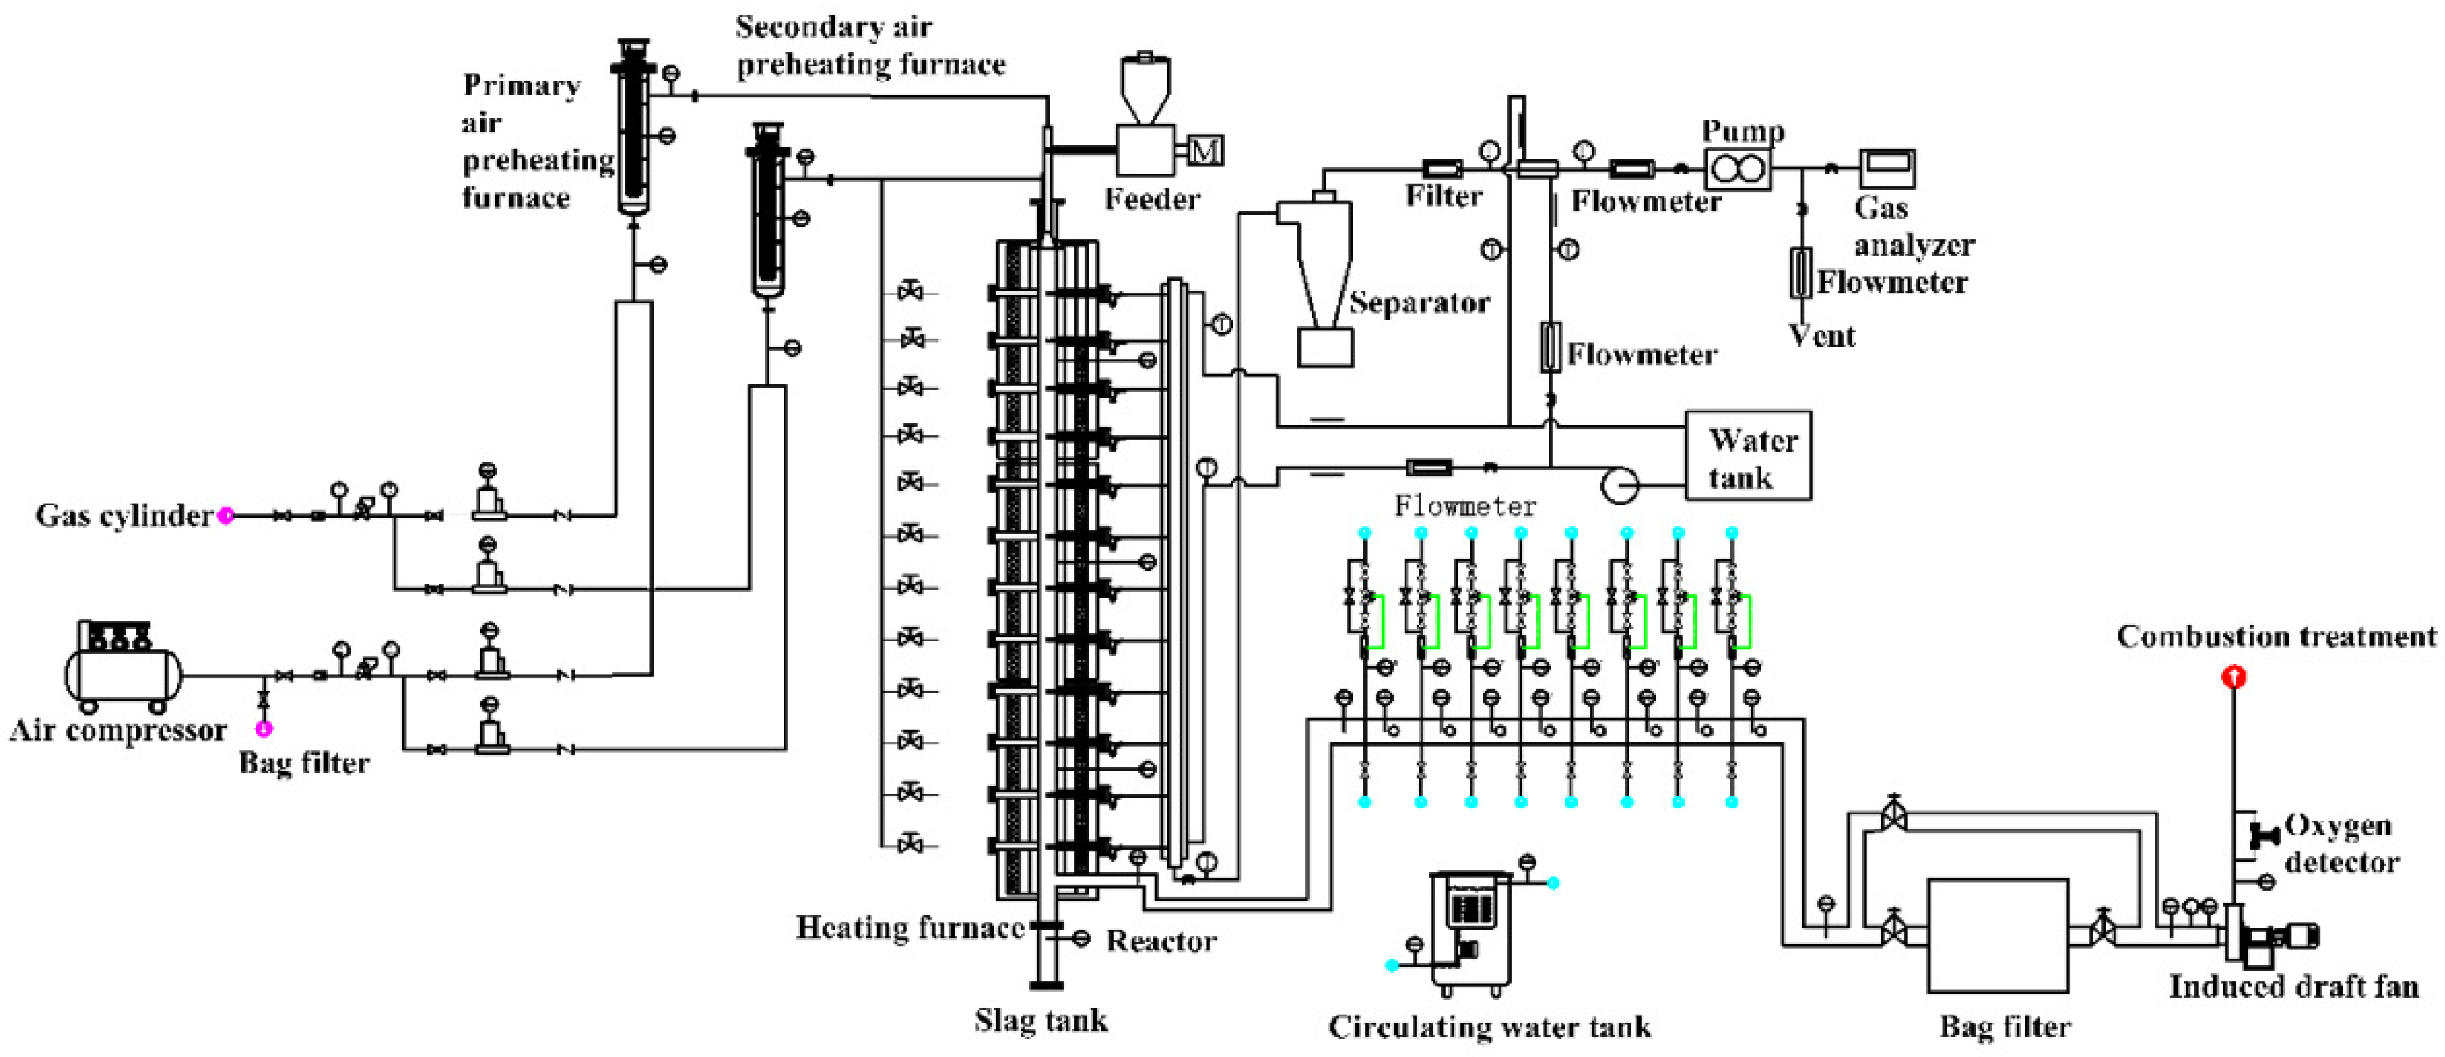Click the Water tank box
[1748, 456]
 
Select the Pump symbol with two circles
[1737, 169]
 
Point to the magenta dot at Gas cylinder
[226, 515]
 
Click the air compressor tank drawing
[121, 667]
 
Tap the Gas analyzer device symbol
[1887, 169]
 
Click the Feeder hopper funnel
[1146, 90]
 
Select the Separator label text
[1419, 303]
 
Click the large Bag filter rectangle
[1998, 936]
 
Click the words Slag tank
[1040, 1020]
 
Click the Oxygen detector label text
[2341, 843]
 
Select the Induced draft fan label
[2293, 987]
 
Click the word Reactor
[1161, 941]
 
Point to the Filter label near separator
[1443, 196]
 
